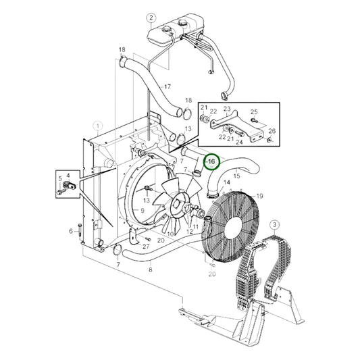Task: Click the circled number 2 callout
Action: point(151,18)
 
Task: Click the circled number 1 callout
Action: point(99,126)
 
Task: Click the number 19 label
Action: point(259,196)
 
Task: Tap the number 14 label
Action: point(227,182)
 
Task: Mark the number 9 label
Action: point(142,211)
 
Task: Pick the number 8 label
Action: point(150,270)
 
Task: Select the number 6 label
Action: point(70,231)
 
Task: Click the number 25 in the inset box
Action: point(254,111)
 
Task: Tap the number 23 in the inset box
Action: point(227,109)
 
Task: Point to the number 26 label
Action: point(272,131)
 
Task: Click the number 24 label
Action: point(239,143)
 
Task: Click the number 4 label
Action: point(67,175)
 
